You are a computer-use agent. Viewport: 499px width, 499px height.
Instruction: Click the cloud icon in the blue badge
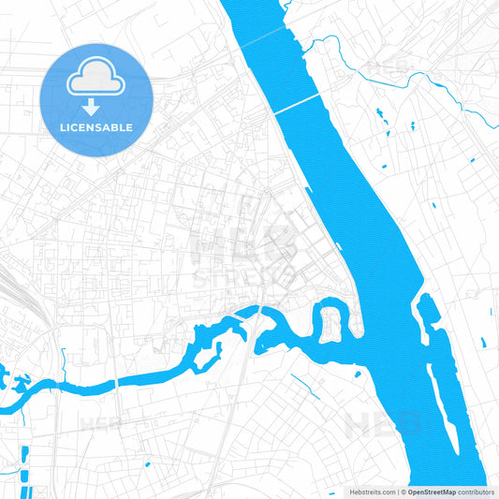coord(96,78)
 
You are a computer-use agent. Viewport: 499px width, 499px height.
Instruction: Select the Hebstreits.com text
coord(368,491)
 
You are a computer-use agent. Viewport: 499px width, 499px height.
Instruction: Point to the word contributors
coord(477,491)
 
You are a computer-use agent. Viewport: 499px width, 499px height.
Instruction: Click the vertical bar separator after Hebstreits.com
coord(397,491)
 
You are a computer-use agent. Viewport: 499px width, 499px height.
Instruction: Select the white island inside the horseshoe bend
coord(331,324)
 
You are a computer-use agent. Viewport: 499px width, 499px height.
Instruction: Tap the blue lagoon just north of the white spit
coord(427,309)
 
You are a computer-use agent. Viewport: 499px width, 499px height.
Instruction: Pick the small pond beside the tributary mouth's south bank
coord(357,374)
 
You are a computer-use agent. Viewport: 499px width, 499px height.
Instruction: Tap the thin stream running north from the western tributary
coord(63,360)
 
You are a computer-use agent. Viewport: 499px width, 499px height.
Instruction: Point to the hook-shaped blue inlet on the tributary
coord(213,351)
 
